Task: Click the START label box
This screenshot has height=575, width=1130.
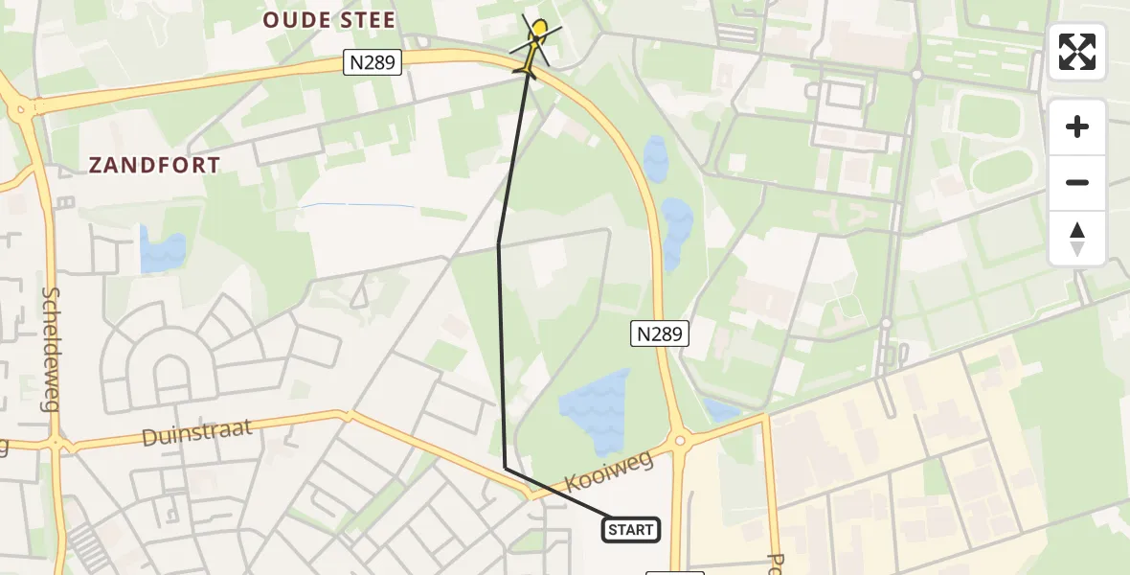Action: point(631,529)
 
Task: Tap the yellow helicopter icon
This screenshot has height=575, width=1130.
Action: point(535,45)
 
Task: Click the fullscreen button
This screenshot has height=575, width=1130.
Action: point(1076,52)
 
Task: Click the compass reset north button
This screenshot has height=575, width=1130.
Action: point(1076,239)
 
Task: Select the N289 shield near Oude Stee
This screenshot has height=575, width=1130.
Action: point(373,62)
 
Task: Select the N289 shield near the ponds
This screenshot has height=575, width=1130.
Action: point(660,333)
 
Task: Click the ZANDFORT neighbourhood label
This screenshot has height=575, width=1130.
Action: point(155,165)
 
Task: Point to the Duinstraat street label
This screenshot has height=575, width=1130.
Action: point(197,433)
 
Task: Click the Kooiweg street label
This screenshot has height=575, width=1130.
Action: point(608,472)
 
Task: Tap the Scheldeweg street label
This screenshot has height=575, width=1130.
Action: point(51,349)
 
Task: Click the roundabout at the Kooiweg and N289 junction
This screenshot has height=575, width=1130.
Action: point(681,440)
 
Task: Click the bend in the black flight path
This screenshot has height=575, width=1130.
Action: point(499,243)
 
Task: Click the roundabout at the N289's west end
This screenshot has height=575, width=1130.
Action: point(21,109)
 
